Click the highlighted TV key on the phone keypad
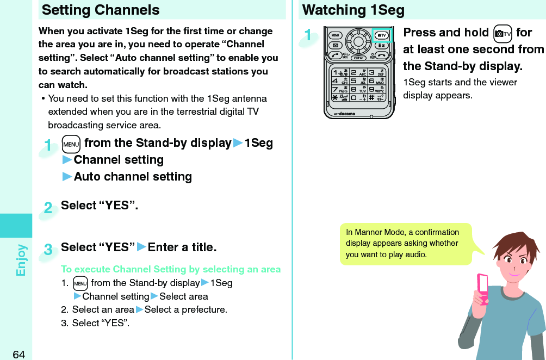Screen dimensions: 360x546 382,35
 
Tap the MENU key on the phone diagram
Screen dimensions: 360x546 336,35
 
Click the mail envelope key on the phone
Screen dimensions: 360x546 336,45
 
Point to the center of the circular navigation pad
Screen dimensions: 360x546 359,40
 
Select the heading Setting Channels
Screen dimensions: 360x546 101,10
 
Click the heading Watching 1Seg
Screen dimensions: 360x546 353,10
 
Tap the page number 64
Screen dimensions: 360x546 18,355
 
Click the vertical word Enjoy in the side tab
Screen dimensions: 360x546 21,260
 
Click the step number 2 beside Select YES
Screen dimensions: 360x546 48,208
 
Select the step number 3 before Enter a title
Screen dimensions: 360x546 48,250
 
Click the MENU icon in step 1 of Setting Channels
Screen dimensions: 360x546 71,144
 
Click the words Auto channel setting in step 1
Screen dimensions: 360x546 133,177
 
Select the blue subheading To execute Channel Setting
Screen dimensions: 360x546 171,269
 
